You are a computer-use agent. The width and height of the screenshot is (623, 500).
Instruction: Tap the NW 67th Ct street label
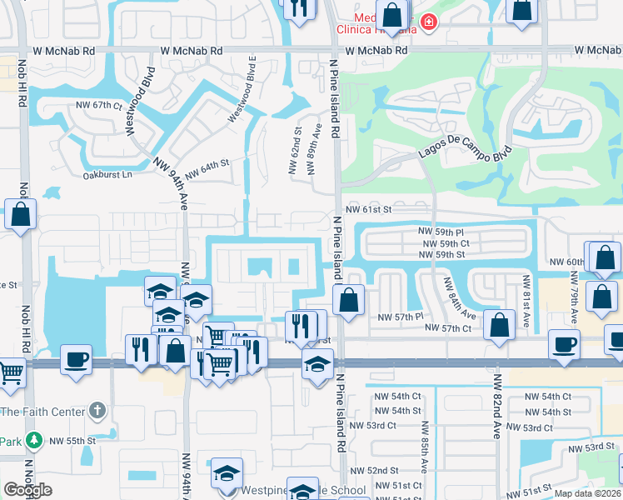click(x=98, y=106)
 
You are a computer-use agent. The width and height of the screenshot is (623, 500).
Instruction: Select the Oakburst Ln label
click(x=107, y=175)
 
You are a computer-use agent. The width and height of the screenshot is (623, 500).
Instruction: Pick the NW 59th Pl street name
click(x=441, y=231)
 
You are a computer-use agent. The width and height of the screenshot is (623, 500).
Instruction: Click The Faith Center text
click(x=42, y=411)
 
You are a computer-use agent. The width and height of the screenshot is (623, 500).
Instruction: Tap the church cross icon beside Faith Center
click(x=97, y=410)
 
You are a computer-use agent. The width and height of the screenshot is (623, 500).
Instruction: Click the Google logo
click(x=27, y=490)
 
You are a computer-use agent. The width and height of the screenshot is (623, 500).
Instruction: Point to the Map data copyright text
click(x=587, y=493)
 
